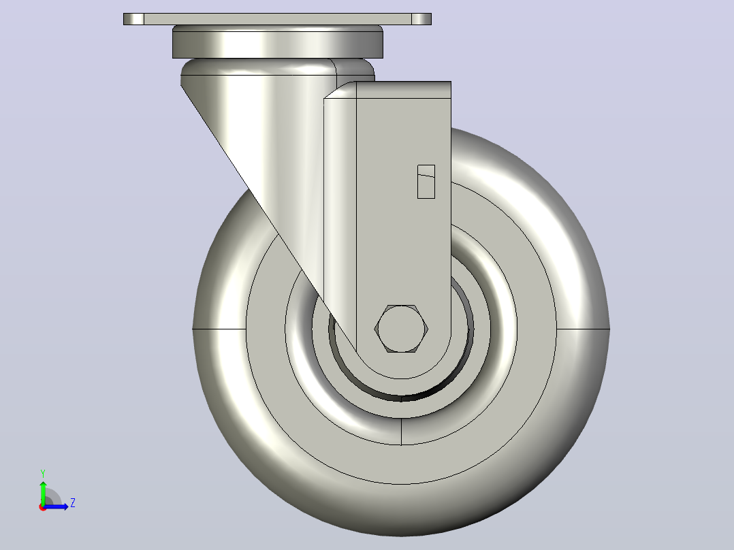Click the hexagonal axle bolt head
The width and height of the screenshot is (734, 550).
point(401,329)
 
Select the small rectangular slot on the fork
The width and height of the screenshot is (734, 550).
point(426,182)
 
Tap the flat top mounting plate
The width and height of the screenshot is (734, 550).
point(277,19)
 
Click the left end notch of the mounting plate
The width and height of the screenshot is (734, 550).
point(134,19)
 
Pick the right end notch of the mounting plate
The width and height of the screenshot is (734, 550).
point(421,19)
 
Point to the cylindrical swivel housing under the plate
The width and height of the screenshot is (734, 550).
point(278,42)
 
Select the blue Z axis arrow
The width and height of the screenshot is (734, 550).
point(56,506)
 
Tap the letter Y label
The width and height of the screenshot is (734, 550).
point(43,473)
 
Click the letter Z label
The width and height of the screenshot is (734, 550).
point(73,503)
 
